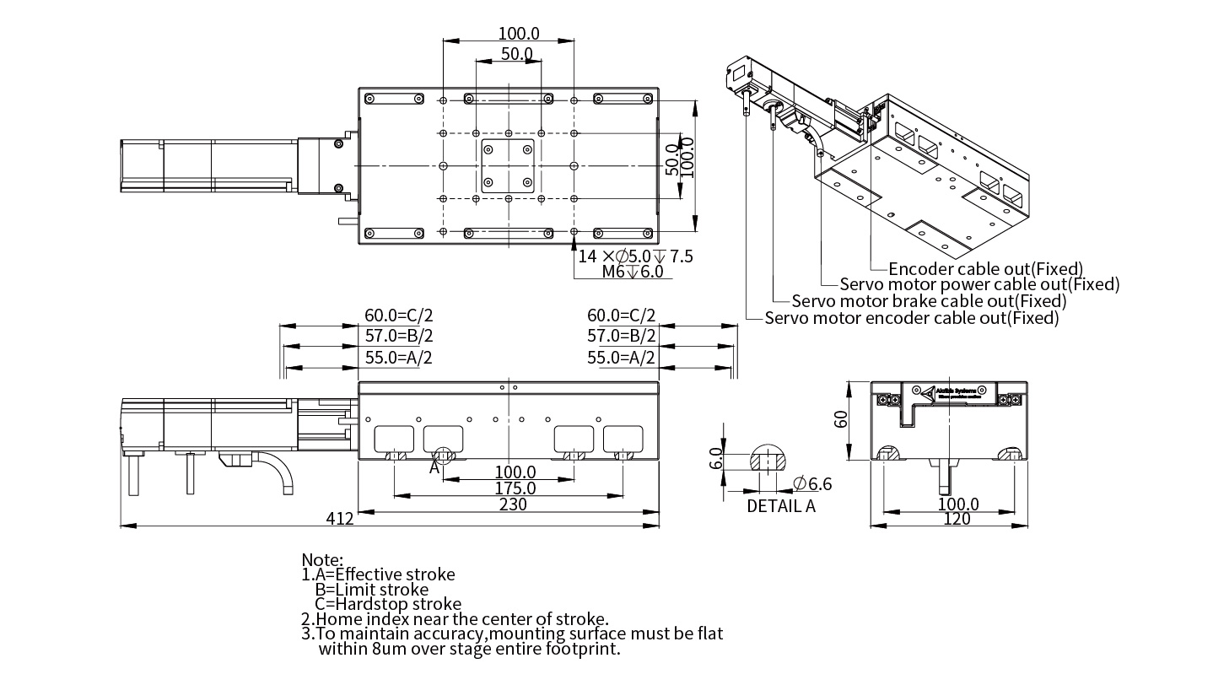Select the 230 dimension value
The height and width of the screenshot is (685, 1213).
[513, 504]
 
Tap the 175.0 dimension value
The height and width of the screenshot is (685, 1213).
[515, 488]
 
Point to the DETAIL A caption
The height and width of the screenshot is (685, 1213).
[781, 506]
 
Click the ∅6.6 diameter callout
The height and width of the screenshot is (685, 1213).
[813, 483]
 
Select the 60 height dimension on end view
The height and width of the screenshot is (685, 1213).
[841, 419]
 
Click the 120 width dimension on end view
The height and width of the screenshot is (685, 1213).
[957, 519]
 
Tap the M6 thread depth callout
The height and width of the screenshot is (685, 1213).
[632, 272]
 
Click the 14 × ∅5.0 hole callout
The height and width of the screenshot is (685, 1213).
[635, 256]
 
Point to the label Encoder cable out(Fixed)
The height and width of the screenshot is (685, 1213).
[985, 269]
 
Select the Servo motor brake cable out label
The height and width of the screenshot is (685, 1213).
[929, 301]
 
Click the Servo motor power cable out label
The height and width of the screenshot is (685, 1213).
[979, 285]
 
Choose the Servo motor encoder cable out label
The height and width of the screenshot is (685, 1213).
[911, 318]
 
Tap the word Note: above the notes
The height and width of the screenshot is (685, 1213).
[322, 559]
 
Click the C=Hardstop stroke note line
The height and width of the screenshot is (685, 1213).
[388, 604]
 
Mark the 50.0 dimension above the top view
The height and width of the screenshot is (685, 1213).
[517, 54]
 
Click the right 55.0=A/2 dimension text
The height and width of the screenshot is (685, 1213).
[621, 357]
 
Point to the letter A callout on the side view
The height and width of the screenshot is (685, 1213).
[434, 466]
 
